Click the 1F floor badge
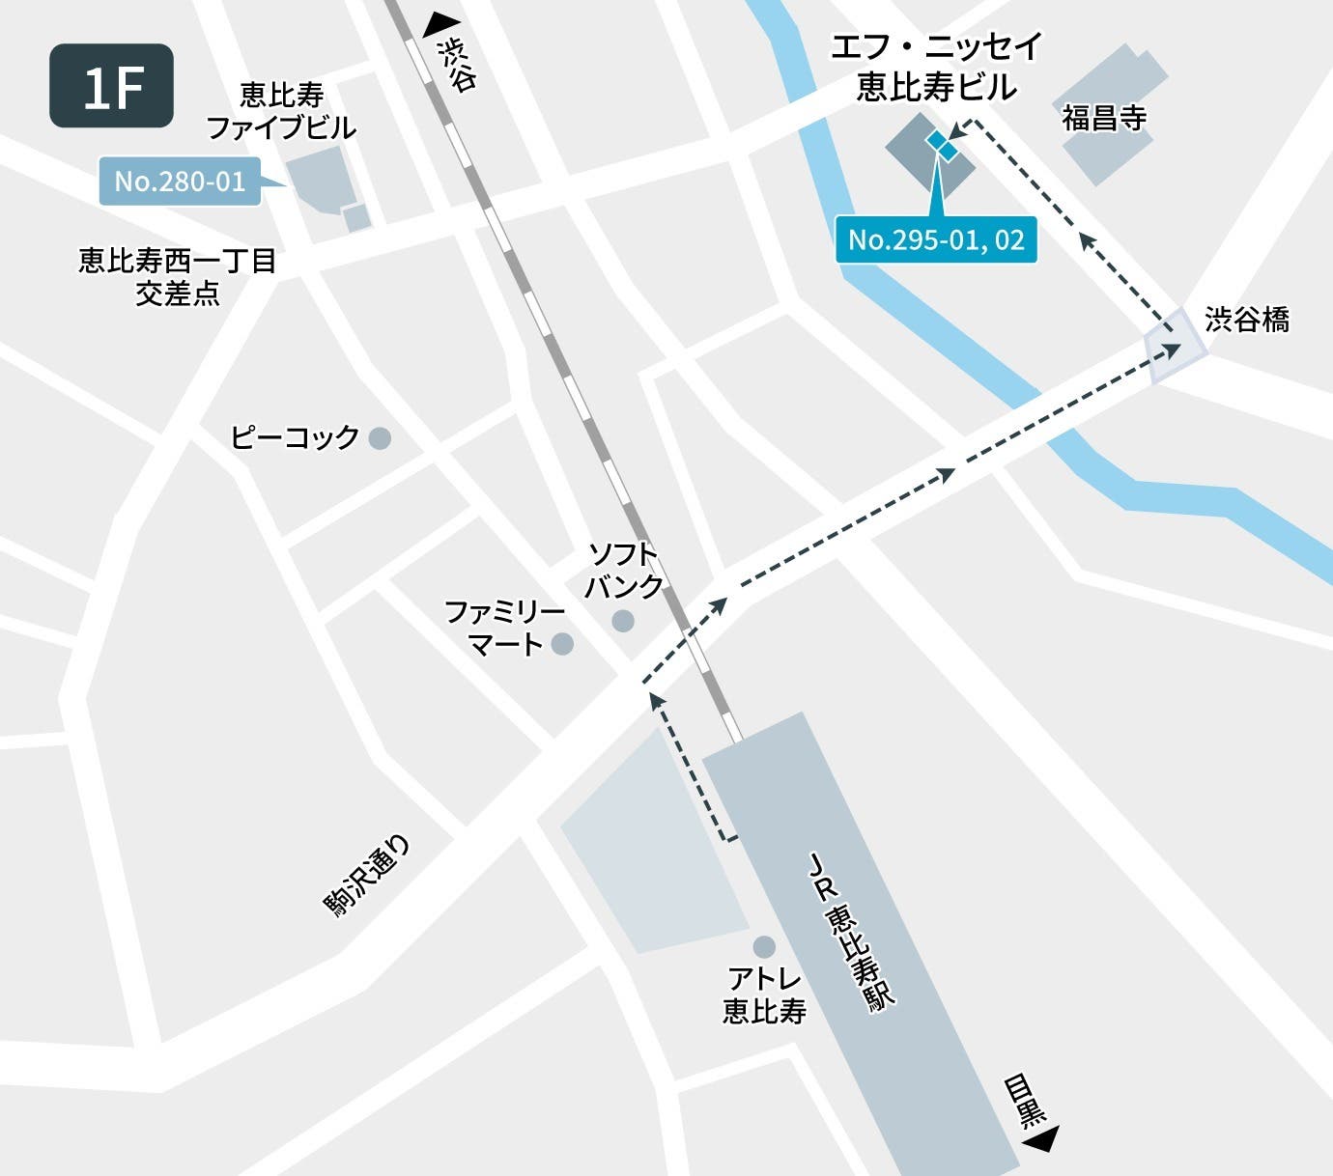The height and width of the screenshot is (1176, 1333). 111,86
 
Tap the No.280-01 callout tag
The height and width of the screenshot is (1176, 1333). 181,182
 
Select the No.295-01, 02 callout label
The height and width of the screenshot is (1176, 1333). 936,239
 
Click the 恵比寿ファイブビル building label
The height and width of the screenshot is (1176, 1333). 281,111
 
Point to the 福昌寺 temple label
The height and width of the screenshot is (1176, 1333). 1104,118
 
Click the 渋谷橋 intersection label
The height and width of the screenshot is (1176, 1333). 1247,320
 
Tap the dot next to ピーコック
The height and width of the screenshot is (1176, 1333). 381,438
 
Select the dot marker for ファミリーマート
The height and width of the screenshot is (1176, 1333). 562,643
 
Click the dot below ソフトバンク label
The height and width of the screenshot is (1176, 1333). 624,620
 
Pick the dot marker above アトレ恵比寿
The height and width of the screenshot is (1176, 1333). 764,945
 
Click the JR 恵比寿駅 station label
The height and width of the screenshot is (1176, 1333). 850,932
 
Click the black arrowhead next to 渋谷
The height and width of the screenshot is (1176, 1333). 441,24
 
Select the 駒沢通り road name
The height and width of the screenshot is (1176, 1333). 367,877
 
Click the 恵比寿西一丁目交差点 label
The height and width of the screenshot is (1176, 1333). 178,277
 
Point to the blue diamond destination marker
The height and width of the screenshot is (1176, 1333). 942,145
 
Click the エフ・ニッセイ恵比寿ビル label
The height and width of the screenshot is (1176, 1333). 936,67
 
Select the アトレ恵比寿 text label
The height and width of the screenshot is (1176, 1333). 764,994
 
